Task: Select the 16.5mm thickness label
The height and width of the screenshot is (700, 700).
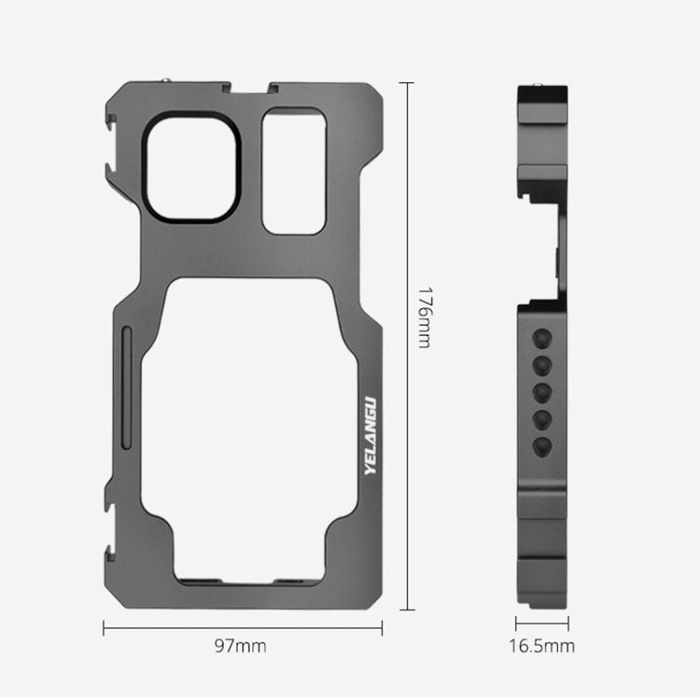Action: click(x=542, y=646)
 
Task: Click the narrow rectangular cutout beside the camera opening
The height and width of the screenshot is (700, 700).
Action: click(x=294, y=171)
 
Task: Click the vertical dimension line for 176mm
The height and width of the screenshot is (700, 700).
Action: click(x=406, y=345)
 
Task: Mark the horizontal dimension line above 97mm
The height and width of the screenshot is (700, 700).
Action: click(x=242, y=627)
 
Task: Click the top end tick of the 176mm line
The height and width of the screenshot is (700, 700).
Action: click(x=406, y=82)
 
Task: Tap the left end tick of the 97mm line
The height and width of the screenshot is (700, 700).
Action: click(x=103, y=627)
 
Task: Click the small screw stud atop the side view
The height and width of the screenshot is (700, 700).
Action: click(x=539, y=88)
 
